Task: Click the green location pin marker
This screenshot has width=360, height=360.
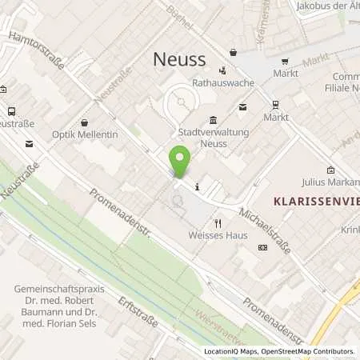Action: click(x=180, y=162)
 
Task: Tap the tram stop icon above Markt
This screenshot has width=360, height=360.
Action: click(x=275, y=105)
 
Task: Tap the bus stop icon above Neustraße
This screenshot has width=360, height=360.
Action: click(x=12, y=112)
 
